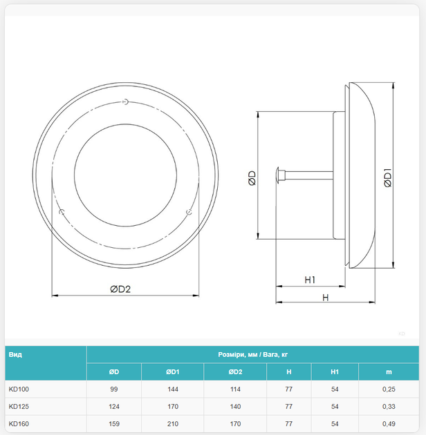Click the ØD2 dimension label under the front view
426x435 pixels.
120,289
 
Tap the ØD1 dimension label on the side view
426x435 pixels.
388,178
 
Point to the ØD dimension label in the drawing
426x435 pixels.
252,178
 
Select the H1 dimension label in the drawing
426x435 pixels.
310,280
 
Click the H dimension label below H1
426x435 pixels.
326,298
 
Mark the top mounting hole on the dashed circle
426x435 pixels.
126,101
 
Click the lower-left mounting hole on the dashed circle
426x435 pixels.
62,212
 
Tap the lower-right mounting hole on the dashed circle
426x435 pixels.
189,212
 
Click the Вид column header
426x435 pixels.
15,354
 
